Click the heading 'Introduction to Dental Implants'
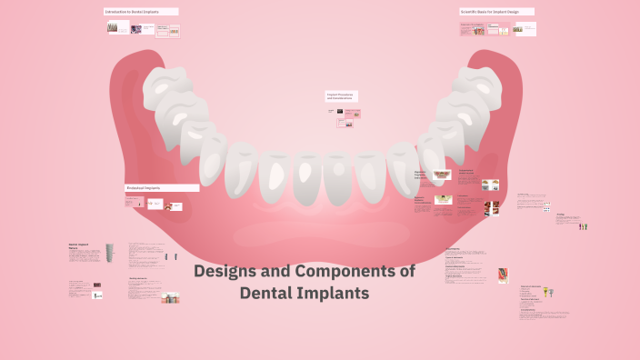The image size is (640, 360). coord(140,12)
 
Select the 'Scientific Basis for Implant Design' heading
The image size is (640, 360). coord(495,12)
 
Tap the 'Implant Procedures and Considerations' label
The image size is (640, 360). coord(341,95)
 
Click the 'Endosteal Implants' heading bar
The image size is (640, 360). coord(162,188)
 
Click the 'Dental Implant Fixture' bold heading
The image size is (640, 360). coord(78,245)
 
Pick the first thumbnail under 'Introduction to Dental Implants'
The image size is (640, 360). coord(113,28)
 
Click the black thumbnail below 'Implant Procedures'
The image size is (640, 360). coord(340,112)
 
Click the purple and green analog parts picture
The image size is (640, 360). coord(583,225)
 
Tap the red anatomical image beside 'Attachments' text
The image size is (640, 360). coord(502,275)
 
